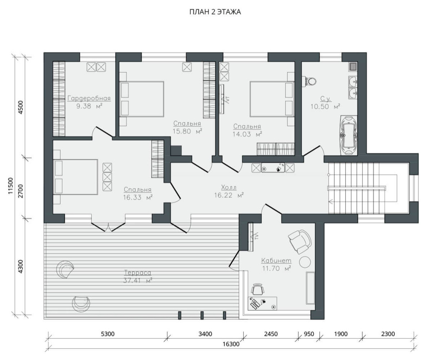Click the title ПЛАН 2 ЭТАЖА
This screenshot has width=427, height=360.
tap(215, 12)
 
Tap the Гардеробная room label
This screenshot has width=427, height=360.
tap(89, 98)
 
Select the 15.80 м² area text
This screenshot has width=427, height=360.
tap(187, 131)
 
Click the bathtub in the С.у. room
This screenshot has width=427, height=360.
tap(348, 135)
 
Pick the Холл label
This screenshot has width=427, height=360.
tap(229, 187)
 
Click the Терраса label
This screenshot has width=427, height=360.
tap(137, 273)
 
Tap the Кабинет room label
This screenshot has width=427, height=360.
tap(276, 260)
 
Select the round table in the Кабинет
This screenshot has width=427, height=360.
tap(305, 262)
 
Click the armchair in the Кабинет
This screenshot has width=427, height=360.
tap(299, 242)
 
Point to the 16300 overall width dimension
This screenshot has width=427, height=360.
tap(231, 344)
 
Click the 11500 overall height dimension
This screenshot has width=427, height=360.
tap(10, 185)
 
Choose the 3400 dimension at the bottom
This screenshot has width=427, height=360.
tap(205, 334)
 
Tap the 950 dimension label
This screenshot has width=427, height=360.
tap(309, 334)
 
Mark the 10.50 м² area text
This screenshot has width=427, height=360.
tap(325, 107)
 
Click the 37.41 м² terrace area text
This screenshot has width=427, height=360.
tap(138, 280)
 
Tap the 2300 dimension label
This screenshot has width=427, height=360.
tap(388, 334)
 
